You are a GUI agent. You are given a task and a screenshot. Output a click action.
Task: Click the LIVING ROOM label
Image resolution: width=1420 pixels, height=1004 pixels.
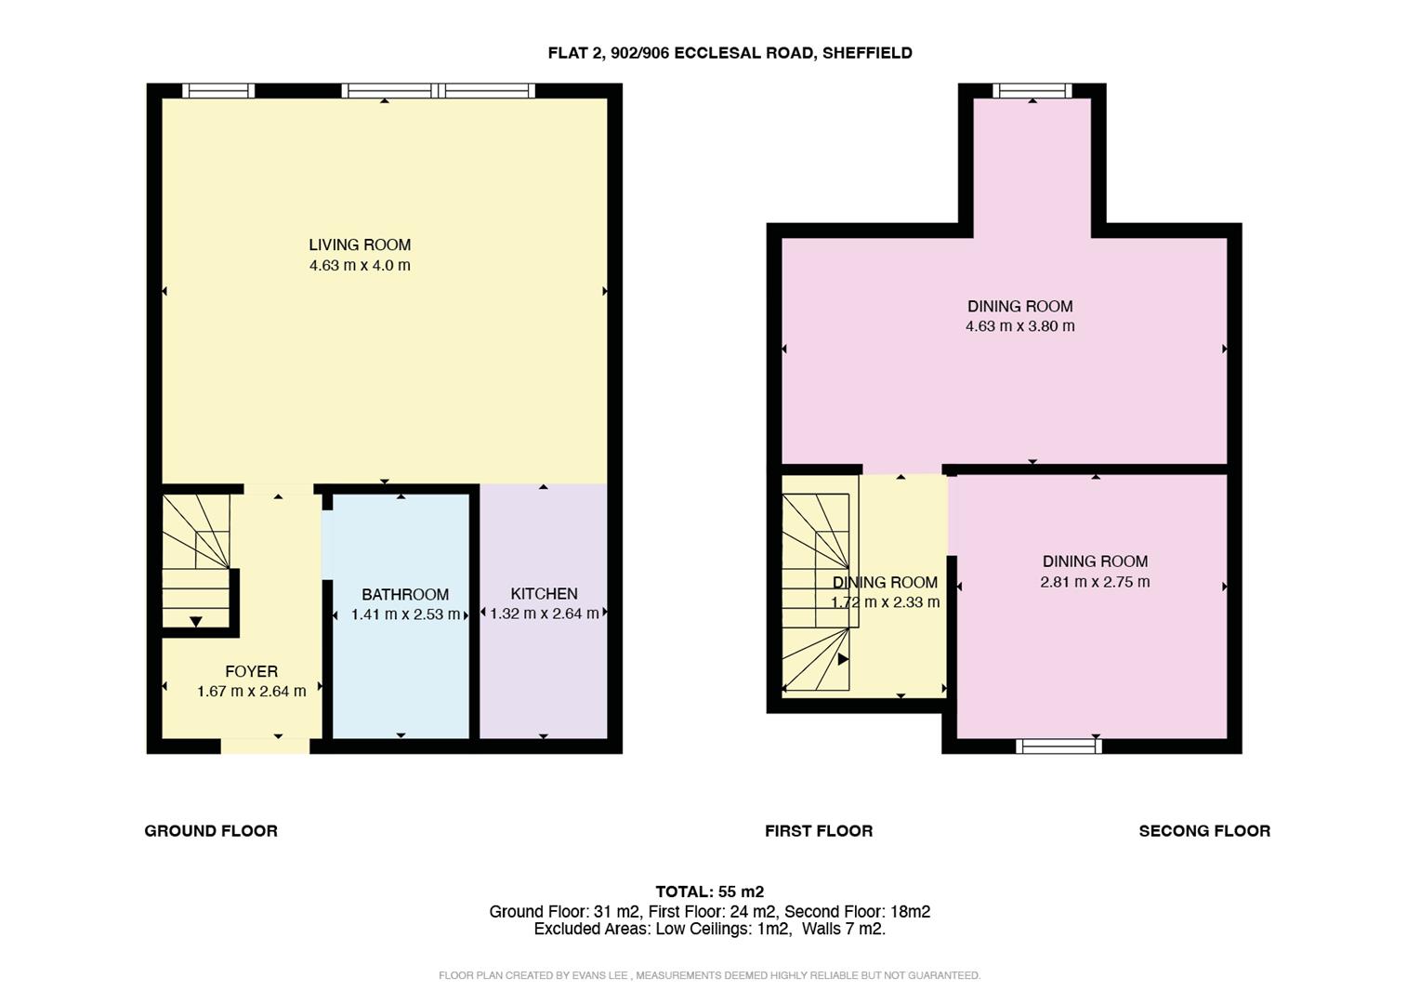pos(360,244)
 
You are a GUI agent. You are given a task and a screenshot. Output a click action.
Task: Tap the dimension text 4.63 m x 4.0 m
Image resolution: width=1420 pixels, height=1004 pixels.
pos(360,266)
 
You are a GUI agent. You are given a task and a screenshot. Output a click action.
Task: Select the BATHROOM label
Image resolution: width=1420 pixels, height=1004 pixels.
pos(405,594)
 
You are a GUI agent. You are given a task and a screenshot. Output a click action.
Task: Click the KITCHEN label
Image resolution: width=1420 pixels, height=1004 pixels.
pos(544,593)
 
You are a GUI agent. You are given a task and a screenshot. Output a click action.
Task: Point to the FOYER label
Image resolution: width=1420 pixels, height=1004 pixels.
pos(251,671)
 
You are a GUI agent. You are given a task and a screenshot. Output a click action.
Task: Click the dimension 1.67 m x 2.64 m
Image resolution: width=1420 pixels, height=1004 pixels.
pos(251,692)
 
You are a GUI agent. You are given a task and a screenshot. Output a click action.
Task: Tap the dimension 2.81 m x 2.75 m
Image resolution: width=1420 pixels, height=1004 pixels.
pos(1095,582)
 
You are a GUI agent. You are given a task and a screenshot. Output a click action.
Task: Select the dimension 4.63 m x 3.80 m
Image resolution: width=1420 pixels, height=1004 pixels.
pos(1019,326)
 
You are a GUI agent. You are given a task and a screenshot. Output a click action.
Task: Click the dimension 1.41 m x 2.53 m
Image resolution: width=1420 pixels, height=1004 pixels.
pos(405,614)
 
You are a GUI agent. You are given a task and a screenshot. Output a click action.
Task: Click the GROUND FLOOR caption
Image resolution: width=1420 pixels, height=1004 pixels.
pos(211,831)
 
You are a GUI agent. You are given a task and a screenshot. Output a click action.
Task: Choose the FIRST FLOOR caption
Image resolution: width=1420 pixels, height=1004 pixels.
pos(819,831)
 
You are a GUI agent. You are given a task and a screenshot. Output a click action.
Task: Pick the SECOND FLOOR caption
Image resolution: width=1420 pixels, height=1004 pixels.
pos(1204,831)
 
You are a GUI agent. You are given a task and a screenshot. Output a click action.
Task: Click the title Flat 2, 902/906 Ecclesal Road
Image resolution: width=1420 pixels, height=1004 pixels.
pos(730,53)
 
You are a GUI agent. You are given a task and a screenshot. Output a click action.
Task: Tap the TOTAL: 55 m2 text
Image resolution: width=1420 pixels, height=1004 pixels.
pos(710,892)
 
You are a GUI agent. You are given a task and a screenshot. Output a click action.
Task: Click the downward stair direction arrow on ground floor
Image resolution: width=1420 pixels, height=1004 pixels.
pos(196,622)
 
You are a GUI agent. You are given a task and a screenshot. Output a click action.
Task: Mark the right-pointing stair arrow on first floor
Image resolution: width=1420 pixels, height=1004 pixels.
pos(843,659)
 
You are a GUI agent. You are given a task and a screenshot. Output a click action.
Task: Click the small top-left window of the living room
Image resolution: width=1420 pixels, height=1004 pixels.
pos(218,91)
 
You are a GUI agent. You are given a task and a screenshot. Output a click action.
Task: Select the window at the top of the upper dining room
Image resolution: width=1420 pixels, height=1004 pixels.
pos(1032,91)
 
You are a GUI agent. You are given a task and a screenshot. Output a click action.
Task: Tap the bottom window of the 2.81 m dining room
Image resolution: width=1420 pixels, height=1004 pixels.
pos(1058,746)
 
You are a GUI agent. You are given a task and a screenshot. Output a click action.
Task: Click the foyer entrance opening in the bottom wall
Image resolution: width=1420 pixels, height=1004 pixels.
pos(265,746)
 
